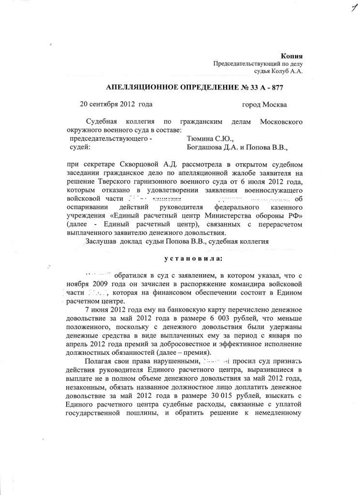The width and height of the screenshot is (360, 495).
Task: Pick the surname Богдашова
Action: click(x=206, y=146)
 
